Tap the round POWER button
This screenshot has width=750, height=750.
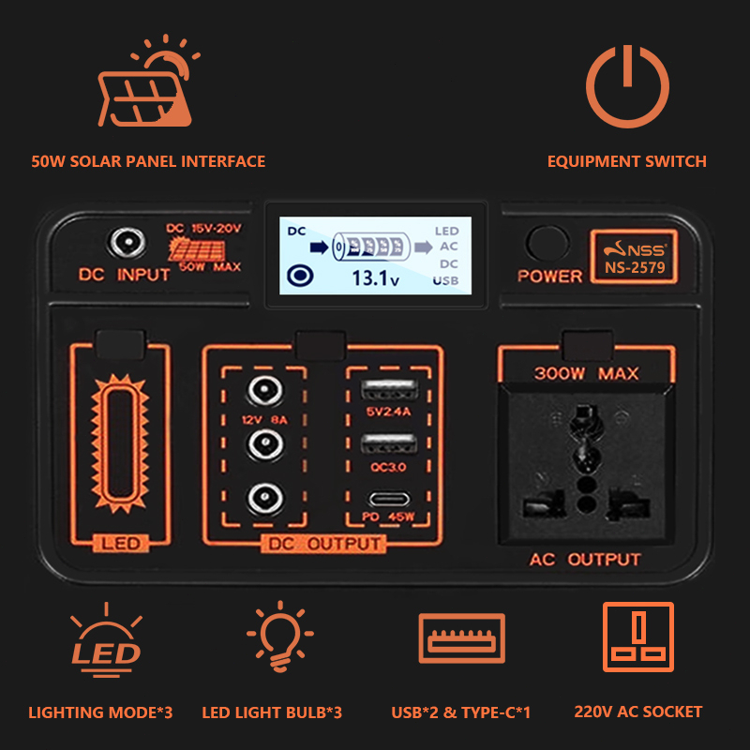pyautogui.click(x=547, y=244)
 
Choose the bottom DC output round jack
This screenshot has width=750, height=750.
pyautogui.click(x=264, y=498)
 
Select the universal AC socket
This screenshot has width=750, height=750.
pyautogui.click(x=586, y=462)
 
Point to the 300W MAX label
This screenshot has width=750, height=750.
pyautogui.click(x=586, y=373)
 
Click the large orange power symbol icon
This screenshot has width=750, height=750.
pyautogui.click(x=629, y=85)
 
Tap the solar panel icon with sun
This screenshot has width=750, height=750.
pyautogui.click(x=148, y=89)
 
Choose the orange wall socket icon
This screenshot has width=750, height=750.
pyautogui.click(x=638, y=637)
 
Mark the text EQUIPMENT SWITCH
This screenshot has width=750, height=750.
pyautogui.click(x=626, y=161)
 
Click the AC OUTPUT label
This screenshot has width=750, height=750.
pyautogui.click(x=585, y=560)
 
